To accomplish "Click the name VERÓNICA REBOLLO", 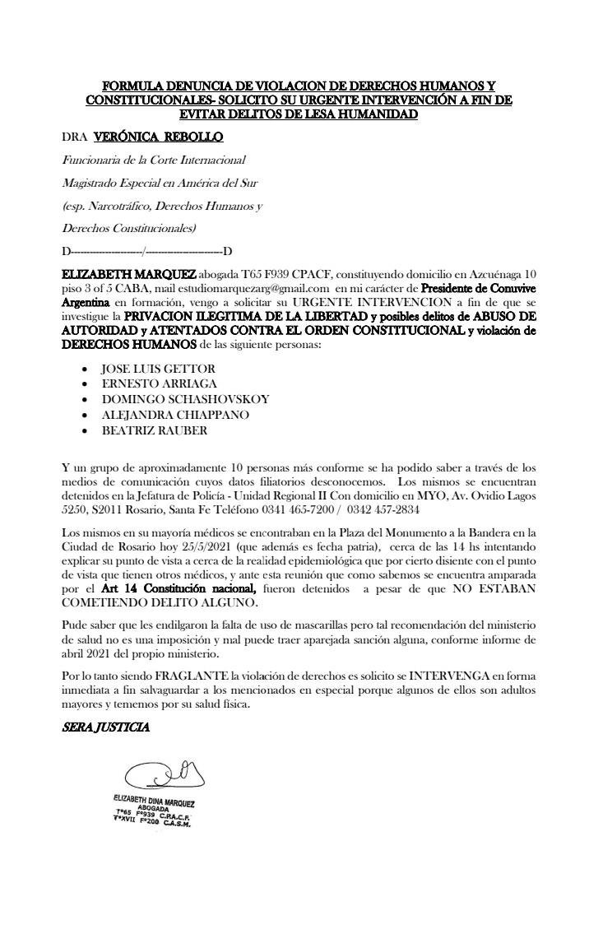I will click(x=159, y=137).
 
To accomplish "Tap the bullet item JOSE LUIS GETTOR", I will click(x=158, y=369).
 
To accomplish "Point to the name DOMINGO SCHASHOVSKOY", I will click(x=184, y=399).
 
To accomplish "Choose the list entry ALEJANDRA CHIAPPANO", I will click(x=175, y=415).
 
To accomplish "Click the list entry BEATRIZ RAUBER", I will click(x=154, y=430).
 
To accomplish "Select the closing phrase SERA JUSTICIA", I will click(x=106, y=727).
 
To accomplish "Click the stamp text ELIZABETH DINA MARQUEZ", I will click(x=153, y=801).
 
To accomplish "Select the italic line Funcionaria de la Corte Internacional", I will click(x=154, y=160).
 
